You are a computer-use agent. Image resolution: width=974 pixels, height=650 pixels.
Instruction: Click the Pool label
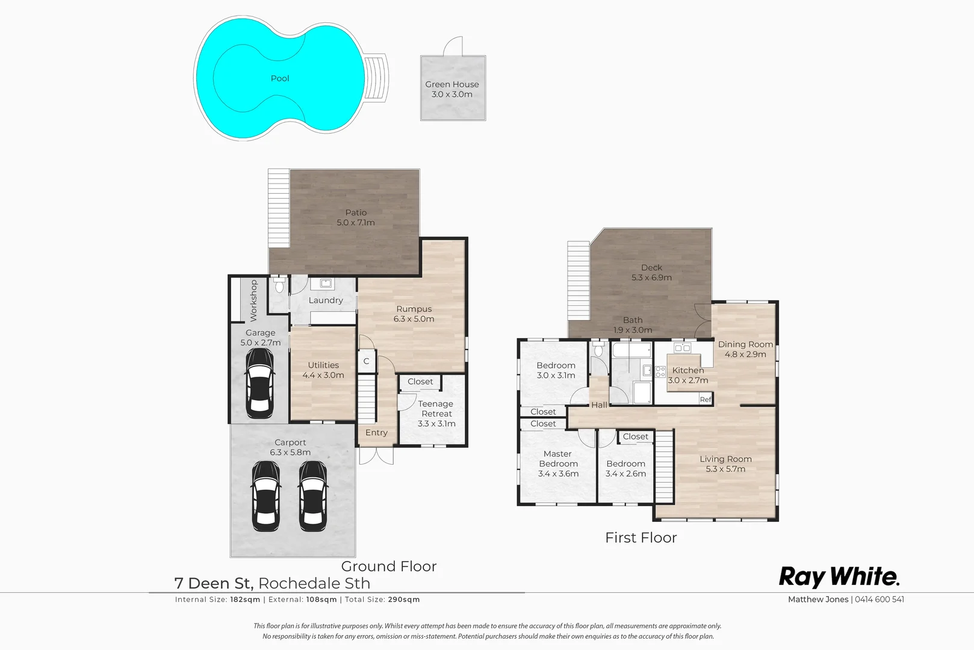280,78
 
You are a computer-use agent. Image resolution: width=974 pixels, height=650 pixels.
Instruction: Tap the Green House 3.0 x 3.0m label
452,89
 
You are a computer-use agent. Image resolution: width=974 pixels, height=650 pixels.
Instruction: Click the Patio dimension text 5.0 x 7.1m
356,223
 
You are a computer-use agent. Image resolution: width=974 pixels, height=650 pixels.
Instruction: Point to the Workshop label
253,300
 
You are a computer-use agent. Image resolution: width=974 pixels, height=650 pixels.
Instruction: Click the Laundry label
326,300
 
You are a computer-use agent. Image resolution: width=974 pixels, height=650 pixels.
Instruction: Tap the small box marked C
366,361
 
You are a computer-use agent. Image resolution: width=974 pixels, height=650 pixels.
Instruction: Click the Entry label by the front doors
376,433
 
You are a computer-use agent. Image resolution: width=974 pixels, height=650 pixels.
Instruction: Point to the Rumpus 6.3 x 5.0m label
414,314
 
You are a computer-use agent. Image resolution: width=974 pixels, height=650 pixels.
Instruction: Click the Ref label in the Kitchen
706,400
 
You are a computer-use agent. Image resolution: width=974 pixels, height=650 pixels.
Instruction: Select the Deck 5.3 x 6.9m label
651,272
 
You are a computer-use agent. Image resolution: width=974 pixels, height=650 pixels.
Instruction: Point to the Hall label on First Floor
599,405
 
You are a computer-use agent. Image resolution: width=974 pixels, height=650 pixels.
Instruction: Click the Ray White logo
839,577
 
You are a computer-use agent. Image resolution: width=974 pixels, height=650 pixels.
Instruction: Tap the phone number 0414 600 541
879,599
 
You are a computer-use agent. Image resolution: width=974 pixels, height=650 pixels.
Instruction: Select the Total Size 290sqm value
403,599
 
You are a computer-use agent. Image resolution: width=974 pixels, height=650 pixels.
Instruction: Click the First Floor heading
641,537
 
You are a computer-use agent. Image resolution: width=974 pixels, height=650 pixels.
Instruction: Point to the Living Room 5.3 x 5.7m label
725,463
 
